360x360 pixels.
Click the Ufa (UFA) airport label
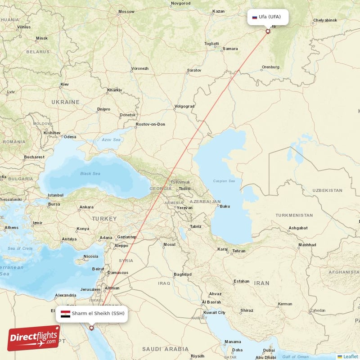[270, 17]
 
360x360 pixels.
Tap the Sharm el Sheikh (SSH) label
[98, 313]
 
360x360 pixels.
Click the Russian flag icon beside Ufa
[254, 17]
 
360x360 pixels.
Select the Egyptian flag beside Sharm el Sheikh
[65, 313]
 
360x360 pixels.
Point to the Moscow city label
[126, 12]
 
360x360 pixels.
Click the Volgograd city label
[184, 107]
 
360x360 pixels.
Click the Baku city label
[225, 206]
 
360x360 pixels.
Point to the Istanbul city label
[56, 195]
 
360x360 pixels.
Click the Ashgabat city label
[298, 228]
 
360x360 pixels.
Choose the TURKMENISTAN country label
[294, 215]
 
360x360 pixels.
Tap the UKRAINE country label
[65, 102]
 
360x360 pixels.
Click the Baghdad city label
[183, 274]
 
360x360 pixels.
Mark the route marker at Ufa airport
[268, 31]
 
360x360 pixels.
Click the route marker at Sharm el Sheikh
[92, 328]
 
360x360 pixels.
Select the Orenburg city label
[270, 67]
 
